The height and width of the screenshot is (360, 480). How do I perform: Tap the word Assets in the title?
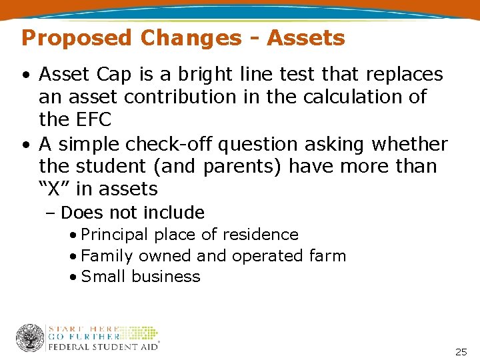coord(306,38)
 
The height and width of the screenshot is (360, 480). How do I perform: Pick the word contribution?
coord(181,97)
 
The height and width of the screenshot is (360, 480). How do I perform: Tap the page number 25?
coord(461,351)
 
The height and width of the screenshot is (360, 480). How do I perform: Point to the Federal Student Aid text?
coord(103,346)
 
